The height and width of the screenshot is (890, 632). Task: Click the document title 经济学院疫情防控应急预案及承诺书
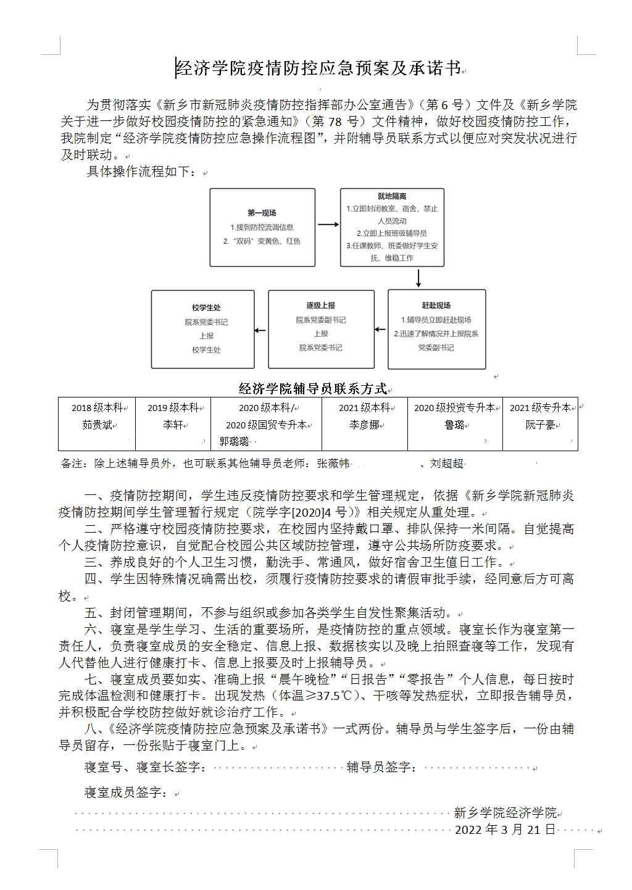pyautogui.click(x=318, y=68)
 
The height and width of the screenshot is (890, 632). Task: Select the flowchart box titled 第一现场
pyautogui.click(x=262, y=227)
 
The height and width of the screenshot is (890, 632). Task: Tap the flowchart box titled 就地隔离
pyautogui.click(x=392, y=227)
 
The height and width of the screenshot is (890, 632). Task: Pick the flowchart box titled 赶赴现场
pyautogui.click(x=436, y=329)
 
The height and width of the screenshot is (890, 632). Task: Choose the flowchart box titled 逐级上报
pyautogui.click(x=321, y=329)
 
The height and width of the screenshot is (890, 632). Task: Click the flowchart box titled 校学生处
pyautogui.click(x=203, y=329)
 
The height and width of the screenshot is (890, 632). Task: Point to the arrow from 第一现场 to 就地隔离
pyautogui.click(x=328, y=224)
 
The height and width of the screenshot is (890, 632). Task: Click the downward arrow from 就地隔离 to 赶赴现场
pyautogui.click(x=418, y=278)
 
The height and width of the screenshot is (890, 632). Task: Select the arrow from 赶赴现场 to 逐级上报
pyautogui.click(x=381, y=330)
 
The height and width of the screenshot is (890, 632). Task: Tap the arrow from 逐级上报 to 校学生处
pyautogui.click(x=261, y=330)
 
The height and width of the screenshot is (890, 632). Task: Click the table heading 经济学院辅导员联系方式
pyautogui.click(x=313, y=388)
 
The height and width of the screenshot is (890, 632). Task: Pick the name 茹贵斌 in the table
pyautogui.click(x=98, y=425)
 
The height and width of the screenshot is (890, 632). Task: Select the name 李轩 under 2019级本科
pyautogui.click(x=173, y=425)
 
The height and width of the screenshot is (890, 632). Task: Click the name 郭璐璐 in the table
pyautogui.click(x=235, y=441)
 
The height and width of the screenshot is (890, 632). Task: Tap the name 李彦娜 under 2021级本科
pyautogui.click(x=364, y=425)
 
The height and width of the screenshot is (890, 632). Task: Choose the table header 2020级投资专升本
pyautogui.click(x=454, y=408)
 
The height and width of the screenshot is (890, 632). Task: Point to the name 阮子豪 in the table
pyautogui.click(x=540, y=425)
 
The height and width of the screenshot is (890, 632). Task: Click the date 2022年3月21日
pyautogui.click(x=505, y=830)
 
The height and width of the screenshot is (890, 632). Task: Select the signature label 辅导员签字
pyautogui.click(x=381, y=767)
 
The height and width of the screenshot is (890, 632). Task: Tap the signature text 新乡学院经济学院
pyautogui.click(x=505, y=813)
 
